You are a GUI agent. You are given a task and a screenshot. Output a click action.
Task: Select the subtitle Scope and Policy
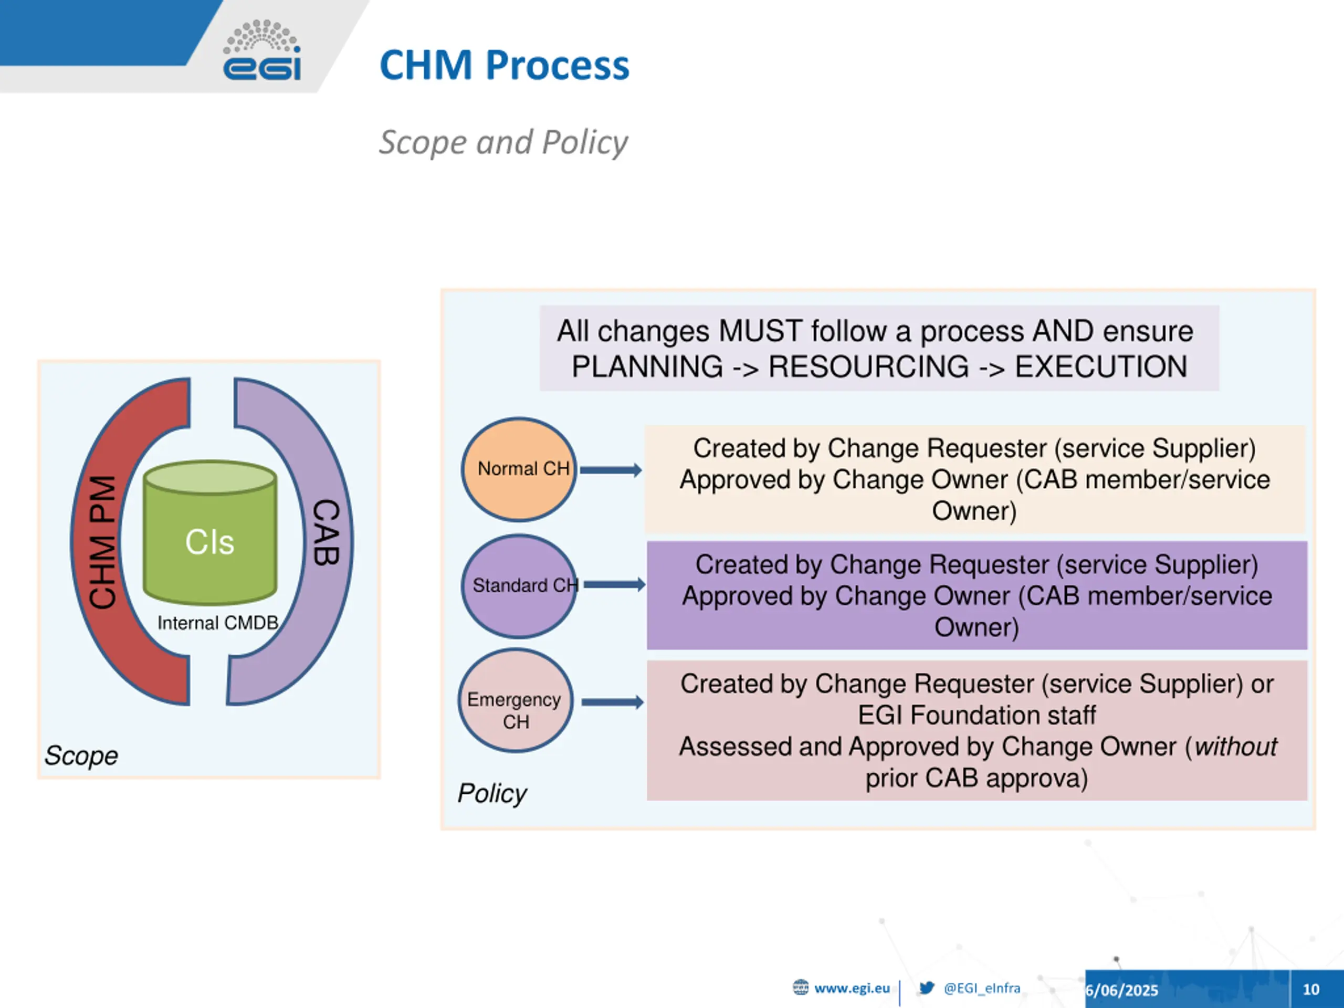503,142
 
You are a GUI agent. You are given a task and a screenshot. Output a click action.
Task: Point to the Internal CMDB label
217,623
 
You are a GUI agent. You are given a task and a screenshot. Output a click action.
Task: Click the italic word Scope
81,755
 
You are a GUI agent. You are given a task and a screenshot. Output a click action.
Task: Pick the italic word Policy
491,793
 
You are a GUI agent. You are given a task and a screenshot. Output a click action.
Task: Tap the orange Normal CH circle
518,469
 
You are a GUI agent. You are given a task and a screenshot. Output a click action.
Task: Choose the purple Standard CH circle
518,586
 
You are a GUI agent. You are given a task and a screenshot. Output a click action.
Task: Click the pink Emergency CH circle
515,700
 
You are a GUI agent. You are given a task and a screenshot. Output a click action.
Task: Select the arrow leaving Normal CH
611,470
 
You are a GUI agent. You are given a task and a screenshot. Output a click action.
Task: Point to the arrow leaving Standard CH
614,584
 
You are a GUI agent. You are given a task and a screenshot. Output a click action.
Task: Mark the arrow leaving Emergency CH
612,702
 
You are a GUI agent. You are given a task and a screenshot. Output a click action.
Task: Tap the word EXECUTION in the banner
1100,367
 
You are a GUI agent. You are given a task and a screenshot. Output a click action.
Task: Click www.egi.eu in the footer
851,989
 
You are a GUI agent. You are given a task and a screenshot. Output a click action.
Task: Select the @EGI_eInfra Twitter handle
981,989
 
